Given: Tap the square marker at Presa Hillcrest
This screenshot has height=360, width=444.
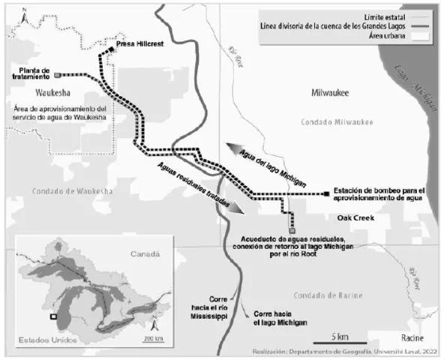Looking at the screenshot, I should [110, 49].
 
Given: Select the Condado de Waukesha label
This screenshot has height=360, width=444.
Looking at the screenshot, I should [73, 190].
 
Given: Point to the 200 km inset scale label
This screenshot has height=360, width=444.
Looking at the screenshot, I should [155, 340].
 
